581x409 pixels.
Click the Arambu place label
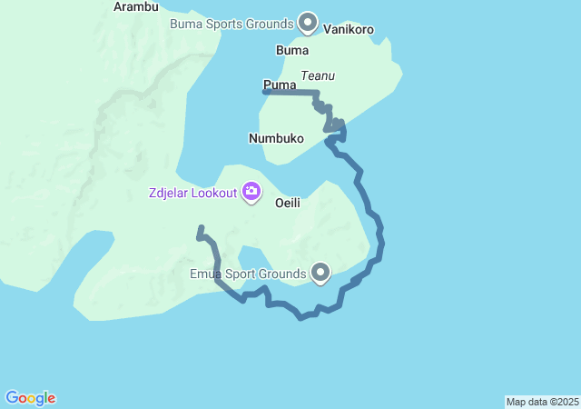[137, 6]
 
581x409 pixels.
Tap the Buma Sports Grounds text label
[231, 23]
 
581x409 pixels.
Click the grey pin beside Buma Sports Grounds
[308, 21]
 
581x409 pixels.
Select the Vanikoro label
[349, 29]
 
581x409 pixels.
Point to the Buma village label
[292, 51]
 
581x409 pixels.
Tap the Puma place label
[281, 85]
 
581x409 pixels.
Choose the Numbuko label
[276, 139]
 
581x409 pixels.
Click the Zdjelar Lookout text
[192, 193]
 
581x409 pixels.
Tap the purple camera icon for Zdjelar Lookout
[251, 192]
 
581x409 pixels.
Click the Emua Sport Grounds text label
[247, 273]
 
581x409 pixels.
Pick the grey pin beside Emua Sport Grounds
[320, 272]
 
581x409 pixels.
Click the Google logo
[30, 398]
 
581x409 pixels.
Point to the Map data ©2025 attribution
[542, 402]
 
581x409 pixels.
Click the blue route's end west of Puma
[264, 91]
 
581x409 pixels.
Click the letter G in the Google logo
[13, 398]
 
